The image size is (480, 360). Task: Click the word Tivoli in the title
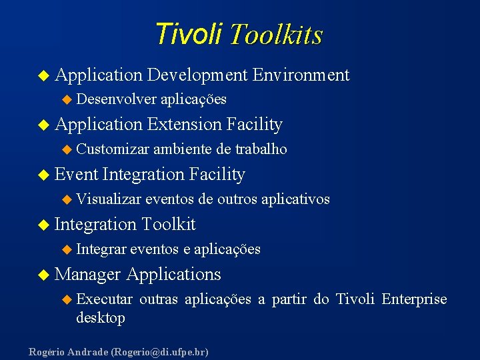coord(188,33)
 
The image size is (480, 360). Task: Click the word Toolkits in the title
coord(275,35)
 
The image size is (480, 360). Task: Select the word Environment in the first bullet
coord(301,75)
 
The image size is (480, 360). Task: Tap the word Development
coord(197,75)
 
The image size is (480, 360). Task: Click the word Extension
coord(185,124)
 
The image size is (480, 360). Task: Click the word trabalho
coord(259,149)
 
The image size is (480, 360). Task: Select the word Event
coord(76,174)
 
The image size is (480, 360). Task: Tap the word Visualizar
coord(109,199)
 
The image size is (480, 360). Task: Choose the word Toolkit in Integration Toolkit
coord(169,224)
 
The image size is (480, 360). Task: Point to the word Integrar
coord(101,249)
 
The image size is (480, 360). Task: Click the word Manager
coord(88,274)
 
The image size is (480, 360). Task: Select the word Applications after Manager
coord(173,274)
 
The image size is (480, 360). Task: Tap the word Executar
coord(105,299)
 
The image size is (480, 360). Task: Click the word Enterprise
coord(414,299)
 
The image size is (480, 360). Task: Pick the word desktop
coord(101,318)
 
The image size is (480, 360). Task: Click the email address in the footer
coord(160,351)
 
